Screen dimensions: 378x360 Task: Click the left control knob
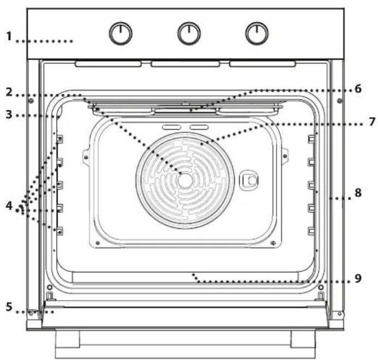[x=121, y=33]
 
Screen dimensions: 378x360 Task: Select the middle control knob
[x=189, y=33]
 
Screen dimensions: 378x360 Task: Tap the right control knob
[x=257, y=33]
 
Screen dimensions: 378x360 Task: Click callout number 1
[x=9, y=37]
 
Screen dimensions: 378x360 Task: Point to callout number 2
[x=9, y=92]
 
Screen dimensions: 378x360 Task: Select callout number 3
[x=9, y=115]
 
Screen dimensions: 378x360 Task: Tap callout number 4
[x=9, y=206]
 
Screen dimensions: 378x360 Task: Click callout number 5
[x=9, y=307]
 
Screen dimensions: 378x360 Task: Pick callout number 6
[x=358, y=89]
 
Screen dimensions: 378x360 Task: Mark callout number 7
[x=372, y=122]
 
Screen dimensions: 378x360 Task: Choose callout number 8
[x=358, y=193]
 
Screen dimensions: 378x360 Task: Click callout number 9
[x=358, y=278]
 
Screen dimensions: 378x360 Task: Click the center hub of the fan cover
[x=185, y=181]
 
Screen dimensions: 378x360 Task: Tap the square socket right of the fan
[x=249, y=181]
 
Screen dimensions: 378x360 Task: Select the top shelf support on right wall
[x=311, y=139]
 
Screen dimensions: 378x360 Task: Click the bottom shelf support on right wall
[x=311, y=231]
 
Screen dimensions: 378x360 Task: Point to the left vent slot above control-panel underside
[x=108, y=64]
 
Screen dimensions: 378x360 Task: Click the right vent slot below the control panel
[x=262, y=64]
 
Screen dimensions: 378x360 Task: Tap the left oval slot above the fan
[x=172, y=127]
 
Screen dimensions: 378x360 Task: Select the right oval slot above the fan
[x=199, y=127]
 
